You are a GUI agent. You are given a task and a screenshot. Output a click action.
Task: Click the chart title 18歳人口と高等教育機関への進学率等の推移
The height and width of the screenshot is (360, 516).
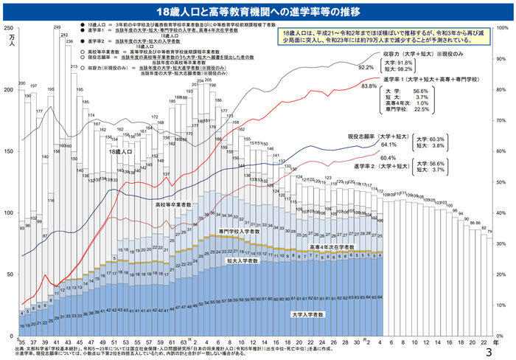pos(257,13)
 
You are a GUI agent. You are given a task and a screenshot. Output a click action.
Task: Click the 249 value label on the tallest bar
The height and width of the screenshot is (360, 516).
pos(57,27)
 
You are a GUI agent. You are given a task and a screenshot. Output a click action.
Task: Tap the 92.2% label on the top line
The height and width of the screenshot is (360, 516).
pos(366,67)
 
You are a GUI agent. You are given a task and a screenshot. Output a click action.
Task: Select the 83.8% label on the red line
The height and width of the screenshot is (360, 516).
pos(369,86)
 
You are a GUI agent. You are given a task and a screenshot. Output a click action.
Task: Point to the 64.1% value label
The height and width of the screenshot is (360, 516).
pos(369,145)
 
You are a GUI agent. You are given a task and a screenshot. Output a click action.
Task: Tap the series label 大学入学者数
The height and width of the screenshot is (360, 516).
pos(307,315)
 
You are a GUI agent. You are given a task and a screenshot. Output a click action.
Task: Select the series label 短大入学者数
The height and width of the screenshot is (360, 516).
pos(240,260)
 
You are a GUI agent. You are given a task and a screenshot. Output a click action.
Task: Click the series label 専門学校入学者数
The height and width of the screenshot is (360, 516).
pos(240,231)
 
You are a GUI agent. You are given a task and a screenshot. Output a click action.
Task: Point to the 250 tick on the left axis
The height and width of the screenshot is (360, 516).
pos(8,28)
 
